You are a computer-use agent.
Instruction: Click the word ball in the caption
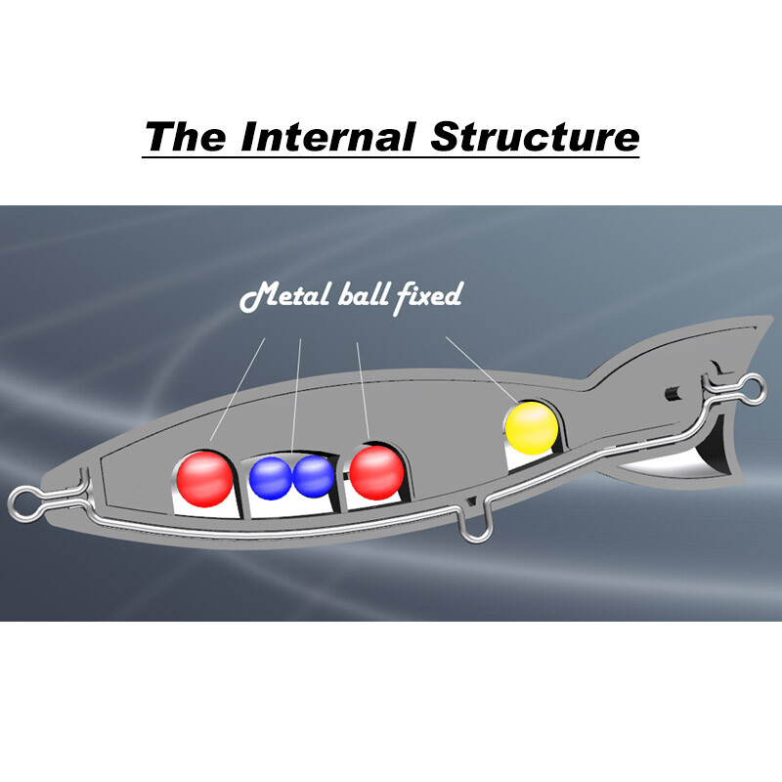click(363, 295)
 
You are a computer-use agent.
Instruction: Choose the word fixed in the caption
click(427, 295)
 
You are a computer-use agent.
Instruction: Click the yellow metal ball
click(531, 426)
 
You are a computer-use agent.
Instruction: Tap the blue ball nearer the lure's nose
click(270, 477)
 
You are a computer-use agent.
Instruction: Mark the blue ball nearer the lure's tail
click(313, 476)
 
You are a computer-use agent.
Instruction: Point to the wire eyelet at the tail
click(755, 387)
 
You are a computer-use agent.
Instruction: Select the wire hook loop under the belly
click(475, 528)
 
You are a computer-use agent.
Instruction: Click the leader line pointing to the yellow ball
click(479, 369)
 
